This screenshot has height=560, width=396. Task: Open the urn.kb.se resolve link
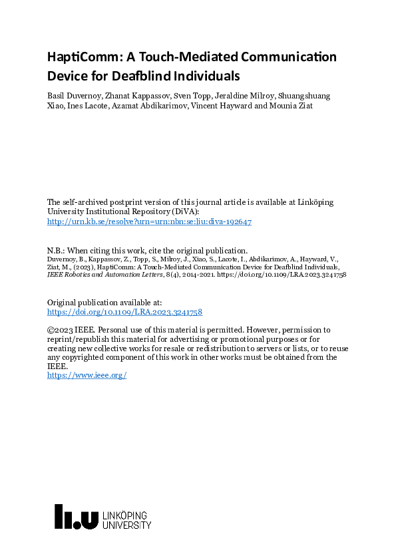(148, 222)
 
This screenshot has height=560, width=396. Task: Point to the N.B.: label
(58, 252)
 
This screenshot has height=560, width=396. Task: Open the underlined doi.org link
(124, 311)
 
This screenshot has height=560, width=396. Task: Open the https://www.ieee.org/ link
(87, 375)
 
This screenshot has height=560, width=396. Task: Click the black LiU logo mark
(77, 516)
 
